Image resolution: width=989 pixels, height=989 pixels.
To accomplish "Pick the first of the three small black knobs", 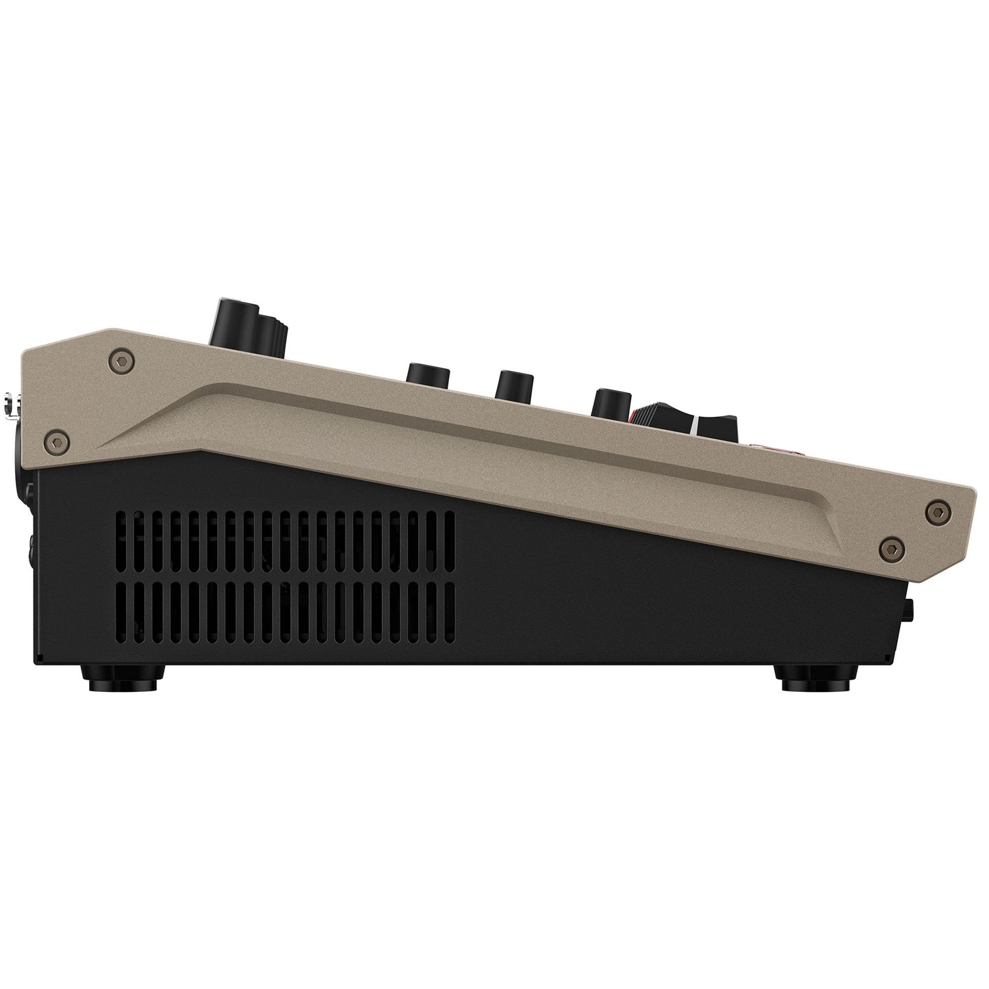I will pos(428,374).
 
